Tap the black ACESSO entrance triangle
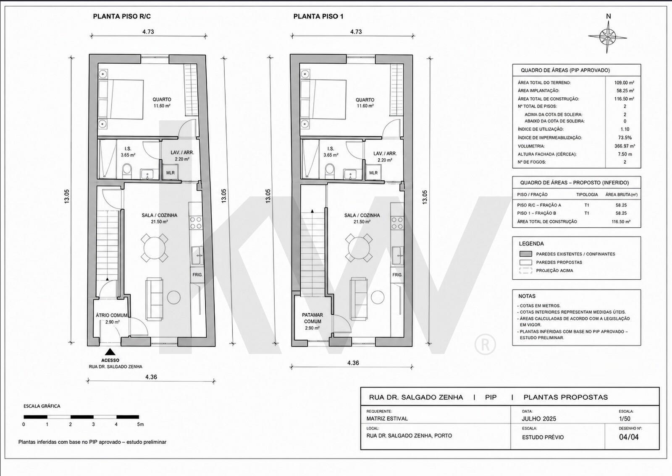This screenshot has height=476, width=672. (x=110, y=352)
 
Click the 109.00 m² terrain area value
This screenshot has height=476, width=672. (x=624, y=83)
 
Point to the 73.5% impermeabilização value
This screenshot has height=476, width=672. (x=625, y=138)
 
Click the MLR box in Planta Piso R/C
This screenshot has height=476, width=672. (x=171, y=173)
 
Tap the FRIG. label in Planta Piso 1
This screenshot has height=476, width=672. (x=397, y=275)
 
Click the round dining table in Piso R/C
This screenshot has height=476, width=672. (x=154, y=248)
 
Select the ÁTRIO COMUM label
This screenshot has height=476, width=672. (x=112, y=315)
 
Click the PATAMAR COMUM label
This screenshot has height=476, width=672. (x=312, y=318)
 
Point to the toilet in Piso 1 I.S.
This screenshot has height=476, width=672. (x=330, y=170)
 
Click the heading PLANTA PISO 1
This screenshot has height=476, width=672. (x=318, y=16)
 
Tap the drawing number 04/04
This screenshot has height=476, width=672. (x=629, y=437)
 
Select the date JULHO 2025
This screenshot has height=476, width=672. (x=539, y=419)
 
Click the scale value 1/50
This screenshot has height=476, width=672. (x=625, y=419)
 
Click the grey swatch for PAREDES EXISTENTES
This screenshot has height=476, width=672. (x=525, y=254)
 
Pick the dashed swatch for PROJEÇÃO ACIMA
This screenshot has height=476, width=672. (x=525, y=271)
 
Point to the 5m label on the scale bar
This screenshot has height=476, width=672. (x=140, y=424)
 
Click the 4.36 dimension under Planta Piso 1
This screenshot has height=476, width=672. (x=353, y=363)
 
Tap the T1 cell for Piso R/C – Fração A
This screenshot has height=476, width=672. (x=587, y=205)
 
